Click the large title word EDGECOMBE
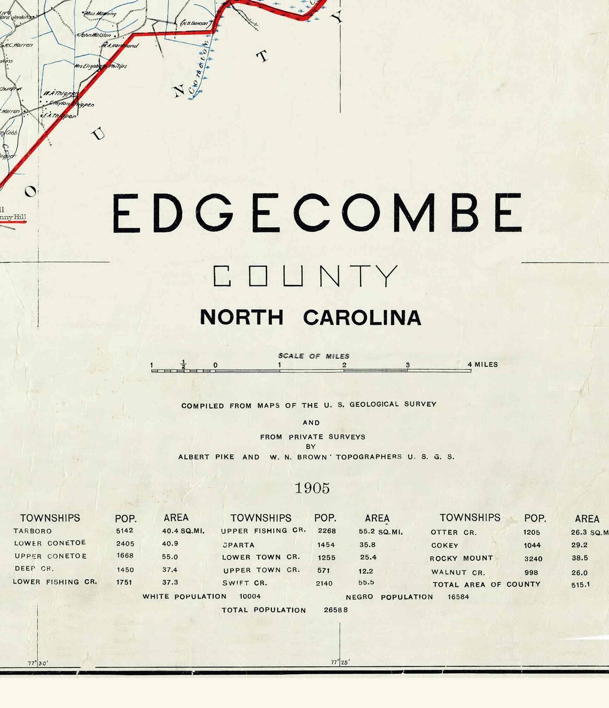[x=317, y=213]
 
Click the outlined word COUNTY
[x=306, y=276]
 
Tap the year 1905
[x=312, y=488]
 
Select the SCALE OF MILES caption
[x=314, y=356]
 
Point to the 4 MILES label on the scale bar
[x=482, y=364]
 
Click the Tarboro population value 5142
[x=124, y=531]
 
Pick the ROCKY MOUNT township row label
[x=461, y=558]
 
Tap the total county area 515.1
[x=580, y=585]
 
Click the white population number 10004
[x=250, y=596]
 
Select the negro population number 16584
[x=458, y=597]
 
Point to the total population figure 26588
[x=335, y=610]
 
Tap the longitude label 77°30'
[x=37, y=663]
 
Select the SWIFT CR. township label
[x=245, y=583]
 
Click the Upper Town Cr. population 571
[x=323, y=570]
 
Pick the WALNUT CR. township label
[x=458, y=572]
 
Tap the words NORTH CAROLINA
[x=310, y=317]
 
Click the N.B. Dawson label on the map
[x=196, y=23]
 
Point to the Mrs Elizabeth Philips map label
[x=100, y=66]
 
